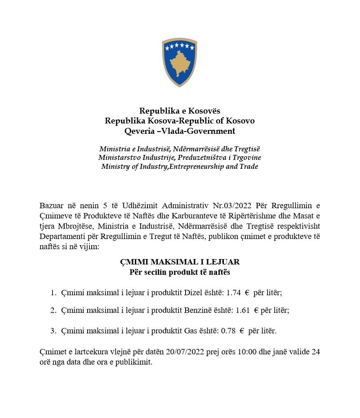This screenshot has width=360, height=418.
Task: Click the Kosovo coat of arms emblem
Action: (180, 62)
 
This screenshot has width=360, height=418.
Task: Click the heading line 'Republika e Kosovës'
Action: (180, 111)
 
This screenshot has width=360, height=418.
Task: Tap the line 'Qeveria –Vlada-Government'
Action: (180, 131)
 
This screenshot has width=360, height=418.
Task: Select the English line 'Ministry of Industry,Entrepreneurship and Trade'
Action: (180, 166)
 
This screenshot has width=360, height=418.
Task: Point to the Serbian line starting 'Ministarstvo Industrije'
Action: (180, 158)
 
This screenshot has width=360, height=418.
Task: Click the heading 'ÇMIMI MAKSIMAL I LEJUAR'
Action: (180, 262)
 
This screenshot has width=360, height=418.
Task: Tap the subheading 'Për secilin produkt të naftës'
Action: (180, 272)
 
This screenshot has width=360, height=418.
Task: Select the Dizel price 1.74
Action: (234, 293)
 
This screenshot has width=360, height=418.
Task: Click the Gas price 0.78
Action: (228, 331)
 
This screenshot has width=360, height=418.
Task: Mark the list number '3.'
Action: (53, 331)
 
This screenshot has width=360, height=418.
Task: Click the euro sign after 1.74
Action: (247, 293)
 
